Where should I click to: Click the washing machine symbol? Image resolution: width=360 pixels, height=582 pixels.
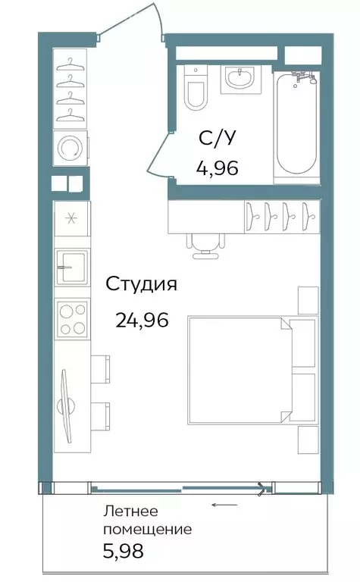(70, 148)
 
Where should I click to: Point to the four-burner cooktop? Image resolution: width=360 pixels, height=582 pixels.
(72, 318)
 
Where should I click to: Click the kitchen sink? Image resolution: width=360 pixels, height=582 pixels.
(72, 267)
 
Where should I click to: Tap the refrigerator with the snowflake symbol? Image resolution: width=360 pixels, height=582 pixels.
(72, 218)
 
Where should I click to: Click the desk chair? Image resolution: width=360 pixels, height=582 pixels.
(205, 245)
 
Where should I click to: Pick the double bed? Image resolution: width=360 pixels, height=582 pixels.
(253, 370)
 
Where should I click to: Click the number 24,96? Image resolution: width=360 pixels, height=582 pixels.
(142, 321)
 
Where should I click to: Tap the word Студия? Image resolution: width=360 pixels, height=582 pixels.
(142, 285)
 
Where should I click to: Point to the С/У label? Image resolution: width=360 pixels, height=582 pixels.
(217, 139)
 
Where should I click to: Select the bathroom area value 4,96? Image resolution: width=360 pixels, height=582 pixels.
(217, 168)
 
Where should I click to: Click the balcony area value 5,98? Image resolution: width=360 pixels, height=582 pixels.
(124, 551)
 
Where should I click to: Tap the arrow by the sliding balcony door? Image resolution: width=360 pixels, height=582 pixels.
(224, 505)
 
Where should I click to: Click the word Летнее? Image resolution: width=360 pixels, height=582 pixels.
(130, 511)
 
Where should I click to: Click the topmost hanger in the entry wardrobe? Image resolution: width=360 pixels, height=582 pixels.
(70, 64)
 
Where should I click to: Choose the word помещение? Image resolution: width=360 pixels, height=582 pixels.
(148, 530)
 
